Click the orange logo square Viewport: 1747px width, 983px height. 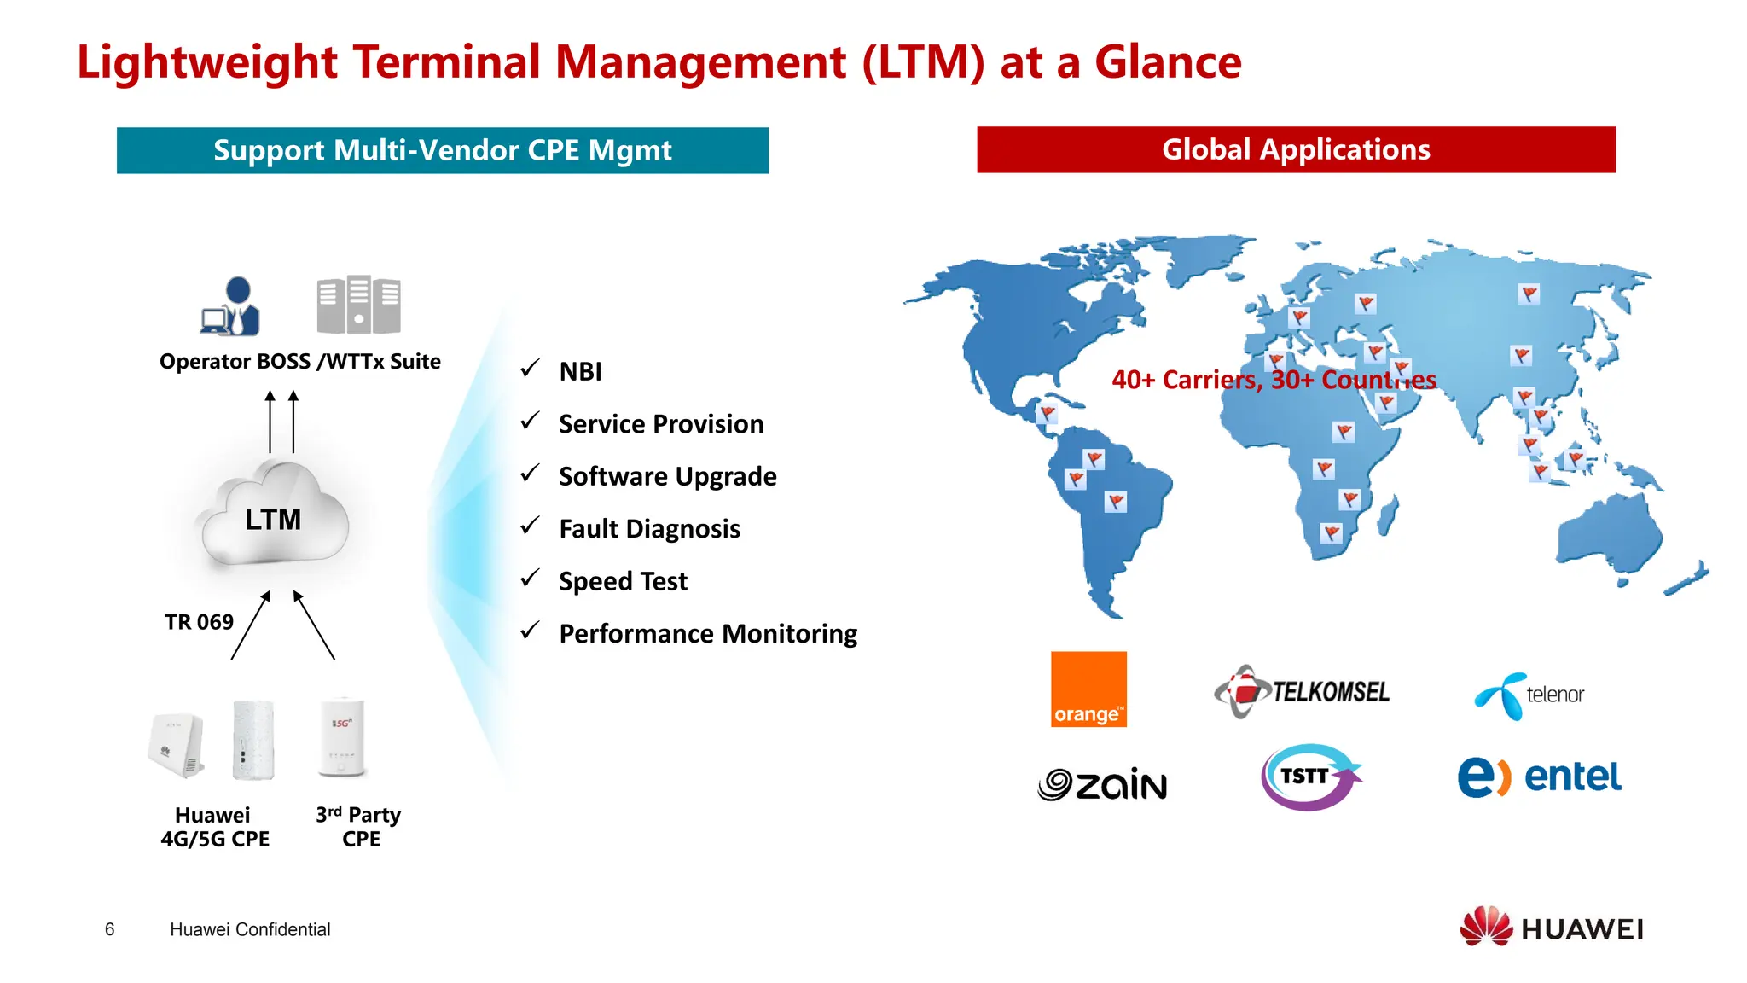click(1088, 689)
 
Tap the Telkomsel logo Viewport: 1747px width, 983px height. click(1302, 691)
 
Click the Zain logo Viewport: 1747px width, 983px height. click(1102, 783)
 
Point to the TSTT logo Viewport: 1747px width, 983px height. click(1309, 777)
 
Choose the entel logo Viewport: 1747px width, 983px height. click(1539, 777)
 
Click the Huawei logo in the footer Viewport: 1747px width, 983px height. click(1552, 928)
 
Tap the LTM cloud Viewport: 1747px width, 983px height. click(274, 516)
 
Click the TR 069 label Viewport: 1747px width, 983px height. click(199, 622)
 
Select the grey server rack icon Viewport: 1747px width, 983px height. click(358, 305)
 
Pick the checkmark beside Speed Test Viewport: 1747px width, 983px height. click(531, 579)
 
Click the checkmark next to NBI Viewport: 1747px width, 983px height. click(531, 369)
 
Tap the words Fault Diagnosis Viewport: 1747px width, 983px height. click(649, 529)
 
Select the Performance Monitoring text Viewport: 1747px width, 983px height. click(708, 634)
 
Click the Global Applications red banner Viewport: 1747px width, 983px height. click(1296, 150)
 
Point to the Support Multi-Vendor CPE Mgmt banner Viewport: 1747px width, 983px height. click(442, 151)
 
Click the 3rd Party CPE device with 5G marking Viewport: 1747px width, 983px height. click(342, 737)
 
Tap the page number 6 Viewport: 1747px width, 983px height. click(109, 929)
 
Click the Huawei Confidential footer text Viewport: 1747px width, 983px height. click(250, 929)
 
